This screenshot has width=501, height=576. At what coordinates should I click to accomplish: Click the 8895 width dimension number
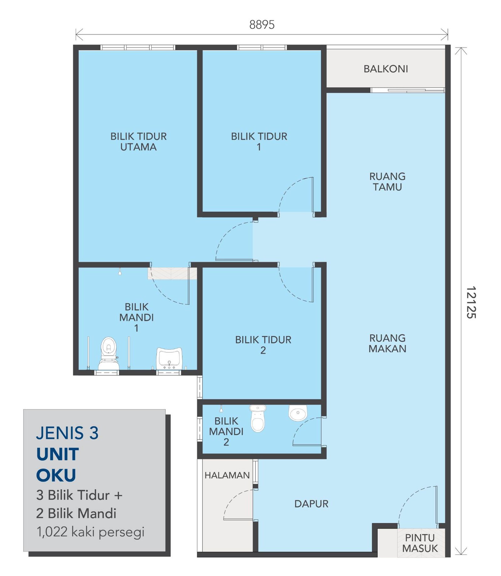coord(262,25)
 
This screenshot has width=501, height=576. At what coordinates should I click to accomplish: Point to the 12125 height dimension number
coord(471,302)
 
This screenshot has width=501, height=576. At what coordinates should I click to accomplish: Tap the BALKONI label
coord(385,69)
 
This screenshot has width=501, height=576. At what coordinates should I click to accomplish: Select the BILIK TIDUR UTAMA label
coord(138,141)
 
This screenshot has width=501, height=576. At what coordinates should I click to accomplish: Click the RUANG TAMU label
coord(387,182)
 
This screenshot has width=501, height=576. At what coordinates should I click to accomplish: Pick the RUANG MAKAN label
coord(387,343)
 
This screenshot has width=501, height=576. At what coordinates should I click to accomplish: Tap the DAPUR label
coord(311,504)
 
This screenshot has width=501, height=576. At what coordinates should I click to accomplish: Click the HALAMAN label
coord(227,475)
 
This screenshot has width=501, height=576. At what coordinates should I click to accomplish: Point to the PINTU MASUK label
coord(420,543)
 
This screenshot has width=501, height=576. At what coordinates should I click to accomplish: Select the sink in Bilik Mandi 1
coord(169,359)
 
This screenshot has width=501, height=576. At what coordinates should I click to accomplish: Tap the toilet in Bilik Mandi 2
coord(258,419)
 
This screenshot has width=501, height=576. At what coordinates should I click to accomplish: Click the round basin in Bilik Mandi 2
coord(297,413)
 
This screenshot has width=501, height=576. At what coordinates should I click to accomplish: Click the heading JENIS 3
coord(67,433)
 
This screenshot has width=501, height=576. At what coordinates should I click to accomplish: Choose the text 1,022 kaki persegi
coord(90,532)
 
